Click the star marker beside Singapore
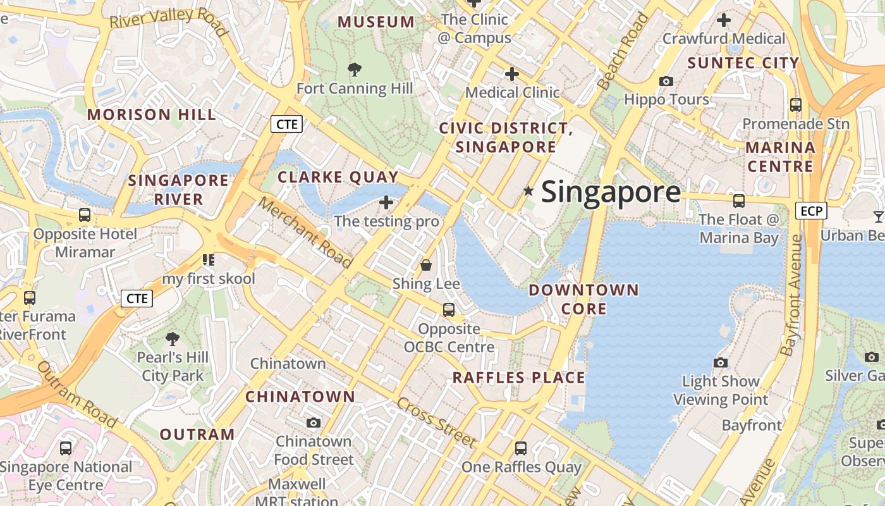coord(528,190)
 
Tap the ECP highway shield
coord(811,211)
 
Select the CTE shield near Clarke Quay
coord(286,124)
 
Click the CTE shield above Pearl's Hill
coord(137,298)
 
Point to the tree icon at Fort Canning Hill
coord(355,69)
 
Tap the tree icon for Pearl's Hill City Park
coord(172,339)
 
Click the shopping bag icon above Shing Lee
coord(426,264)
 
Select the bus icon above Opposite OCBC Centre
coord(448,310)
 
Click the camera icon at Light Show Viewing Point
coord(720,362)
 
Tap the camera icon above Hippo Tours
coord(666,81)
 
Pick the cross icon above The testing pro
coord(386,202)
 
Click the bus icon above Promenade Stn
coord(795,105)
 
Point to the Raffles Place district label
coord(518,378)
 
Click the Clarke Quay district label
coord(338,177)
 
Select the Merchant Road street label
coord(305,232)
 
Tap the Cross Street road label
coord(436,423)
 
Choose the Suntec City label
coord(743,63)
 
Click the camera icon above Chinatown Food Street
coord(313,423)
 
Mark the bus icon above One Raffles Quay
coord(520,448)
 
